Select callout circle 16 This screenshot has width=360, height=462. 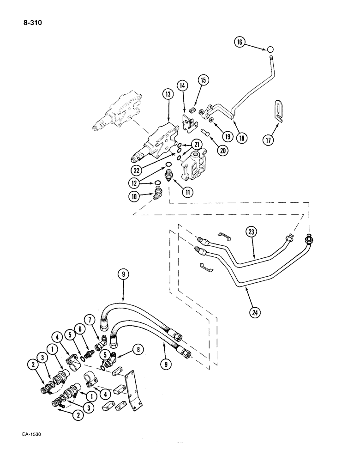pos(240,42)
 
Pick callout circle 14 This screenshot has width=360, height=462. pos(182,85)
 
